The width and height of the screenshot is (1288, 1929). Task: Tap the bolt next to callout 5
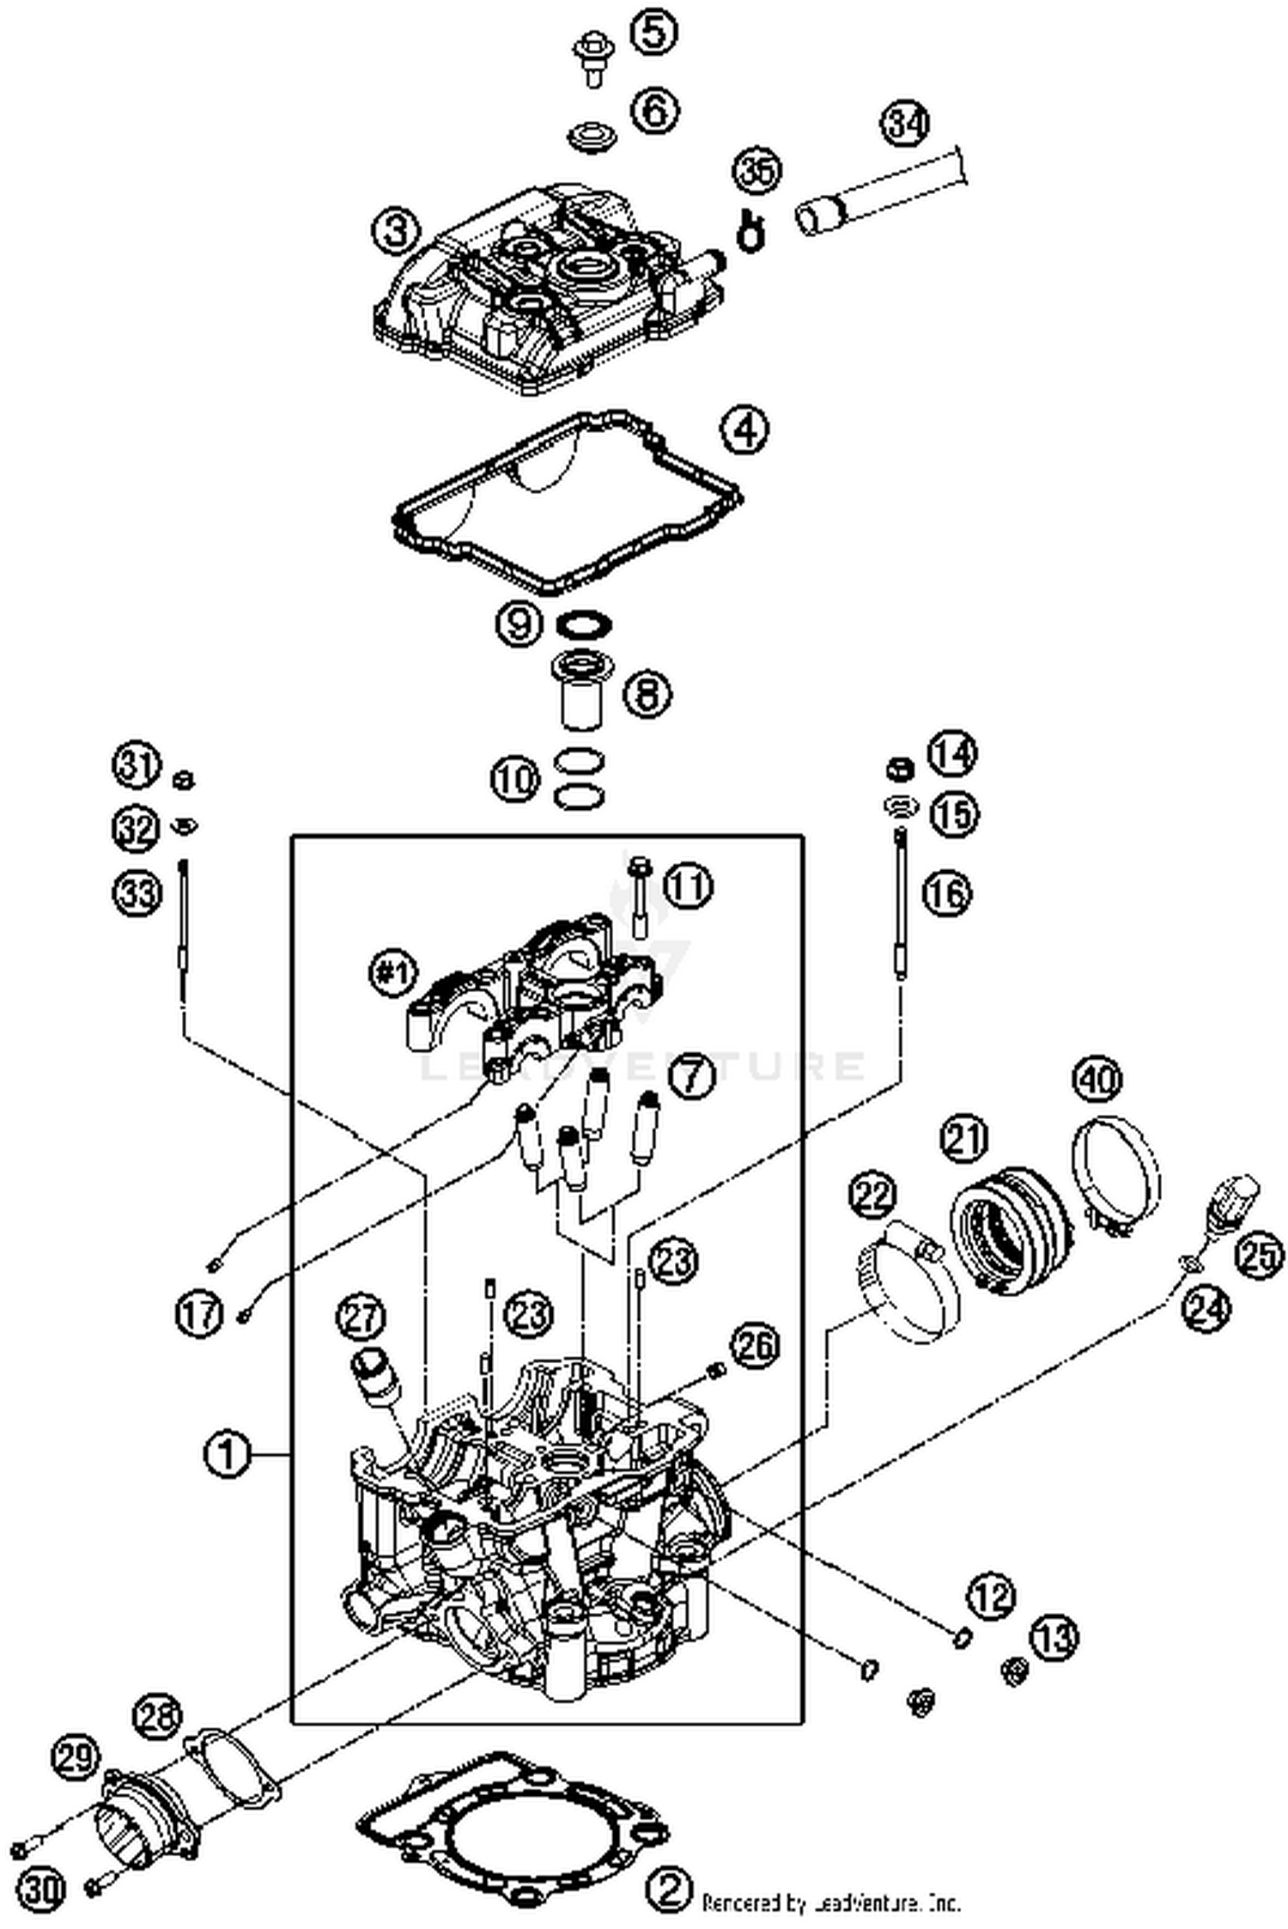click(591, 58)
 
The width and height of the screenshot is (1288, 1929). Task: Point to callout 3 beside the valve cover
click(395, 231)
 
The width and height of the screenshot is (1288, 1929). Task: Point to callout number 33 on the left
click(138, 894)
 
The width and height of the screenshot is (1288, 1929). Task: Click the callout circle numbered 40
click(1100, 1079)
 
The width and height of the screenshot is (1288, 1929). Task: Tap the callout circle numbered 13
click(1054, 1637)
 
